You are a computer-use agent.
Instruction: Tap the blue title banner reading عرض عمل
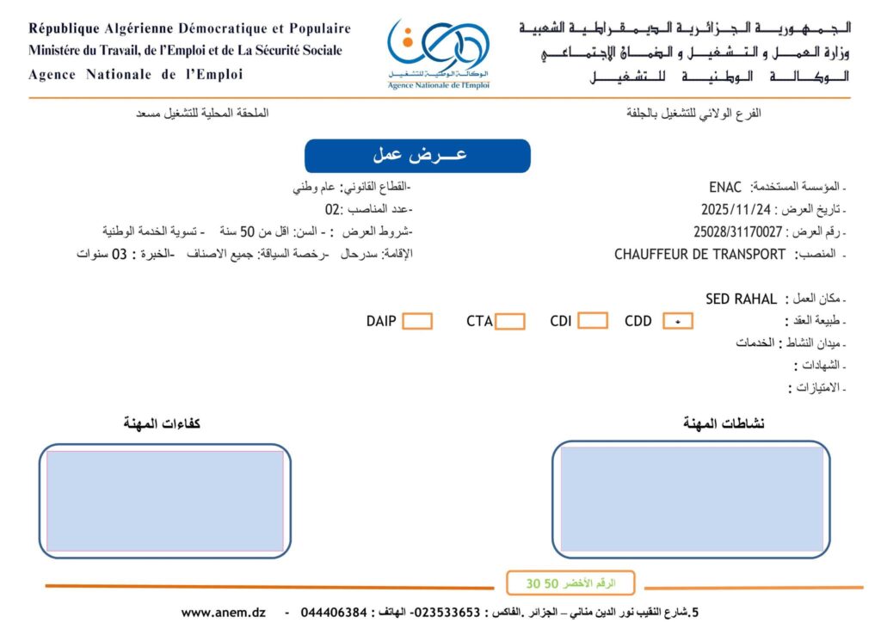417,156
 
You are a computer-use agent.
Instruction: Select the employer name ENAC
726,187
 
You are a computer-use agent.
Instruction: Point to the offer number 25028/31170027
738,231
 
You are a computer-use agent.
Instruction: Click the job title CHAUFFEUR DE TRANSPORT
699,255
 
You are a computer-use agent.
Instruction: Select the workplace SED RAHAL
741,299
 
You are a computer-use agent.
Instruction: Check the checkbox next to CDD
678,322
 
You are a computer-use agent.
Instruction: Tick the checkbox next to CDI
592,321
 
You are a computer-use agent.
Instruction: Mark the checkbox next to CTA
510,322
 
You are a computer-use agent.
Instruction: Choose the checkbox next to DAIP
417,322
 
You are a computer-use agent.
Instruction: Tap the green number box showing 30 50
570,583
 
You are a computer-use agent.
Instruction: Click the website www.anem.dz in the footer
223,613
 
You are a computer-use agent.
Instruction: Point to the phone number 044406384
332,613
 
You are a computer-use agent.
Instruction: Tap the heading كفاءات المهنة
163,423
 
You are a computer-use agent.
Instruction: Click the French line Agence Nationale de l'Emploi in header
136,75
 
